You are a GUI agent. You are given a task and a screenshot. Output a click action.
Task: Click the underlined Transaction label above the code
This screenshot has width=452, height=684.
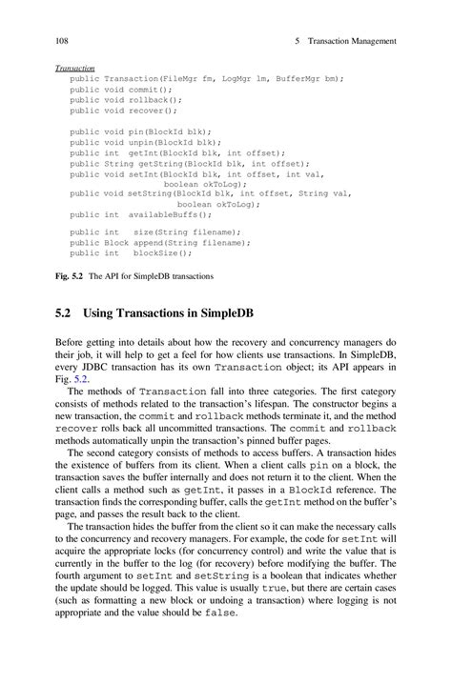coord(75,69)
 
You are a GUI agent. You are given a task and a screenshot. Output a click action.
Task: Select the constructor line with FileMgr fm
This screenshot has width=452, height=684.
coord(206,79)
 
